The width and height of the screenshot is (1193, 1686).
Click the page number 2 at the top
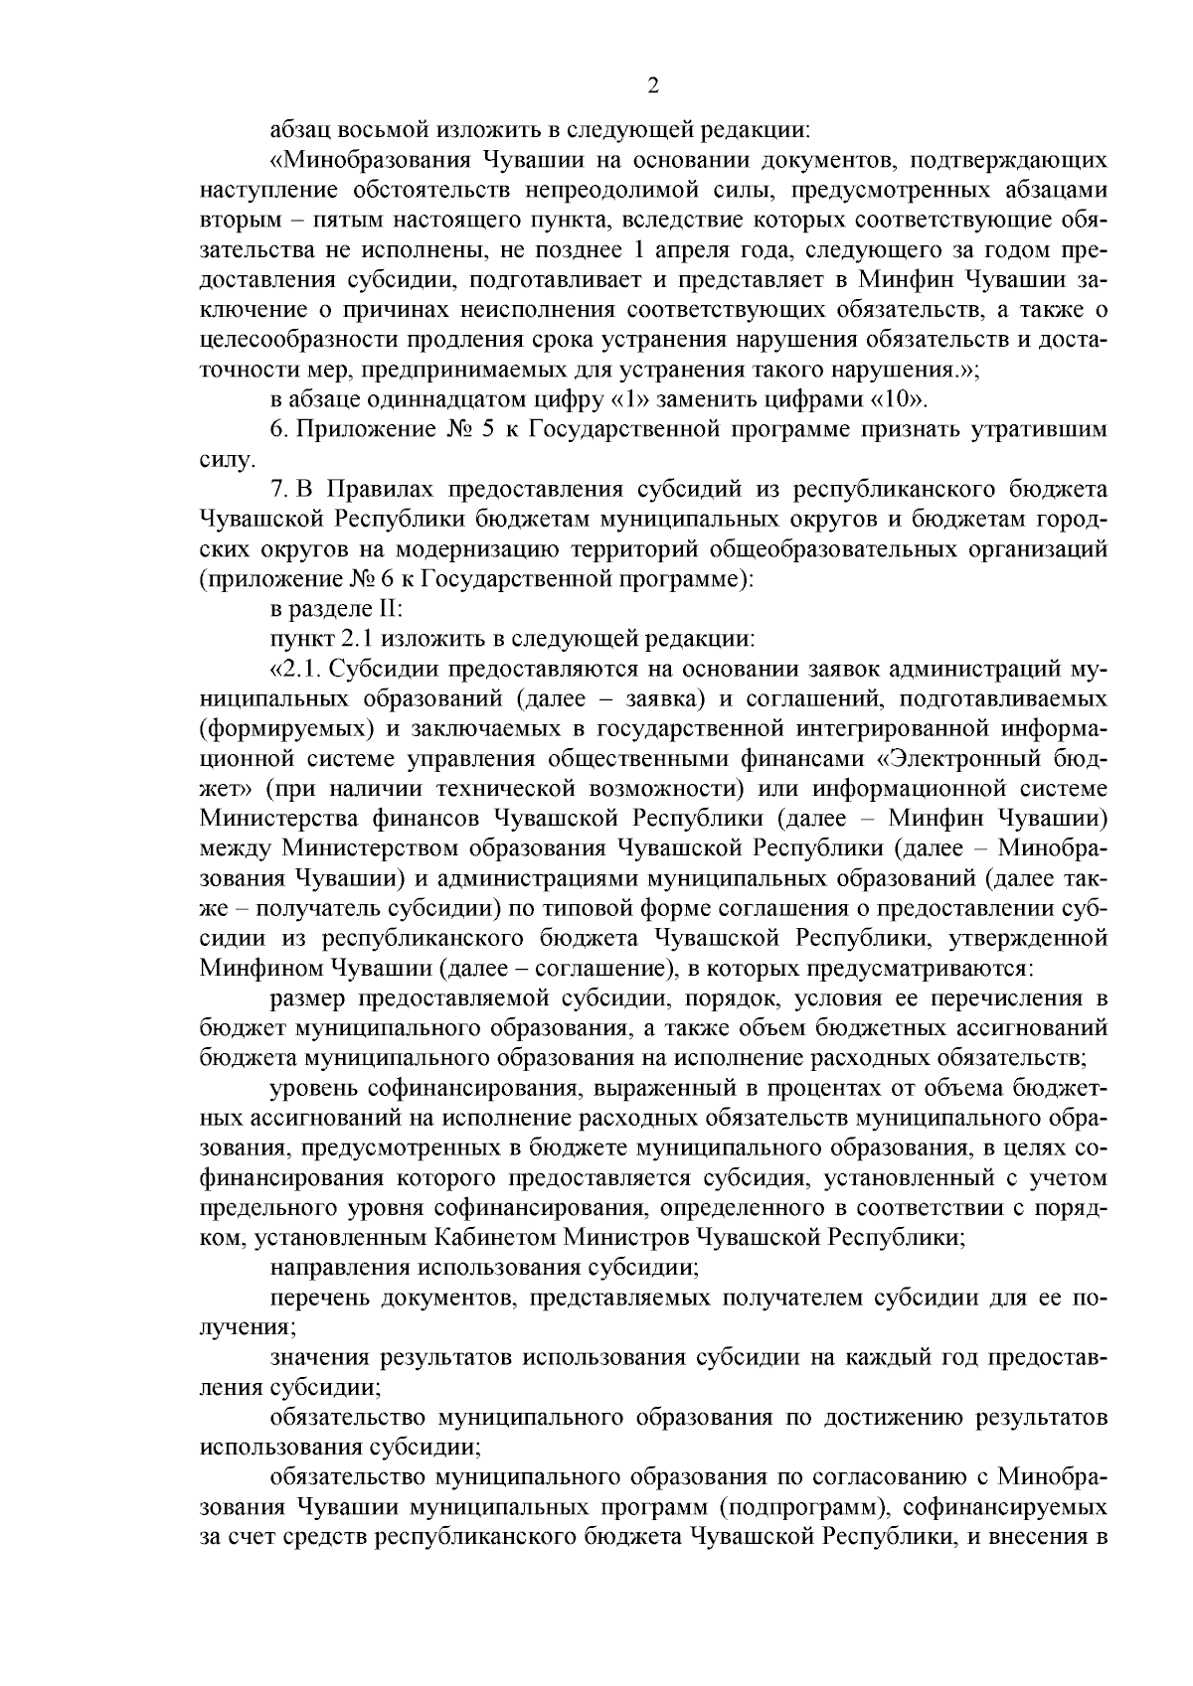[x=653, y=86]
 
